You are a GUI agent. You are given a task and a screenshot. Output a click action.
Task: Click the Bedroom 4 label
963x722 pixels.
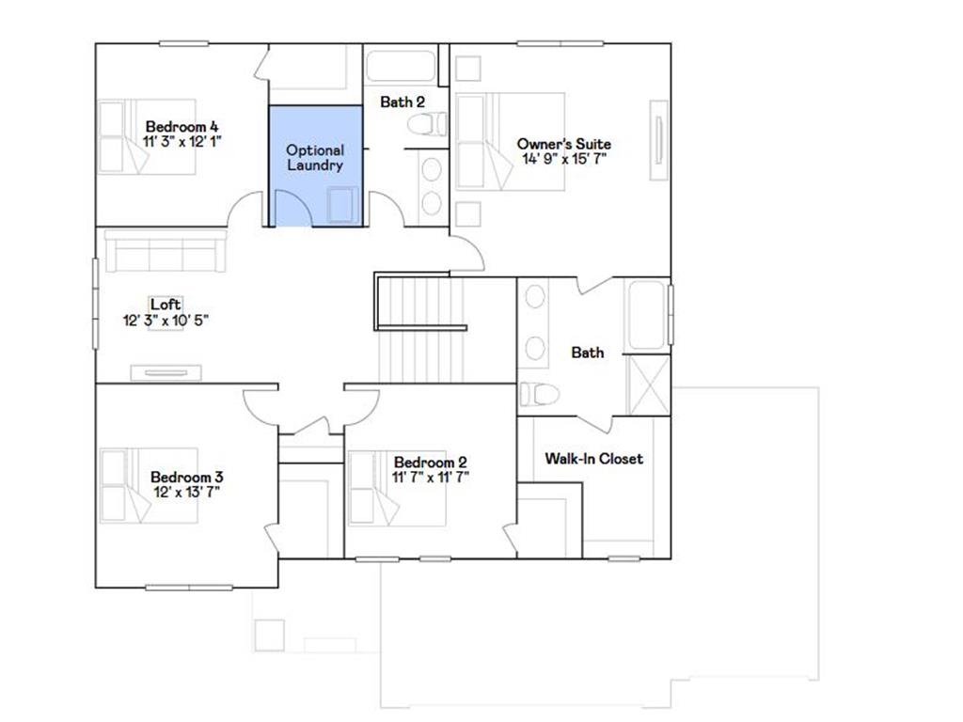[182, 126]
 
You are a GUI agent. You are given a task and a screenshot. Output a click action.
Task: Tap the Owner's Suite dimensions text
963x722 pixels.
[564, 159]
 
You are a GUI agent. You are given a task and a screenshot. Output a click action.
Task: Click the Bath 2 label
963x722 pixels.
[403, 102]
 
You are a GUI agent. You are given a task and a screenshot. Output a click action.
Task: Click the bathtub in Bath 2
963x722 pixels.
[402, 68]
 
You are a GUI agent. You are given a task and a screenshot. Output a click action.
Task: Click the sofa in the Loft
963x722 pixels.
[163, 252]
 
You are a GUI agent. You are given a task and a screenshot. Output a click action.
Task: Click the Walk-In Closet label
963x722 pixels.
[594, 459]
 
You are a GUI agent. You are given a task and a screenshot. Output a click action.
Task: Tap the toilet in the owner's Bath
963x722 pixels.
[540, 394]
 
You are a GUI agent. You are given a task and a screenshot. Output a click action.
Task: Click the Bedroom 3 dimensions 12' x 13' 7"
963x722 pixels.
[186, 492]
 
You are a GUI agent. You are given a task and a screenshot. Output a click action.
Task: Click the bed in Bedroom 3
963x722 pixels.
[149, 486]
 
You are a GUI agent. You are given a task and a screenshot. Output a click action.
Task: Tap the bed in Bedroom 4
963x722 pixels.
[146, 137]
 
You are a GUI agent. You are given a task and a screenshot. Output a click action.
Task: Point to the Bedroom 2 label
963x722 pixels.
[430, 462]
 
